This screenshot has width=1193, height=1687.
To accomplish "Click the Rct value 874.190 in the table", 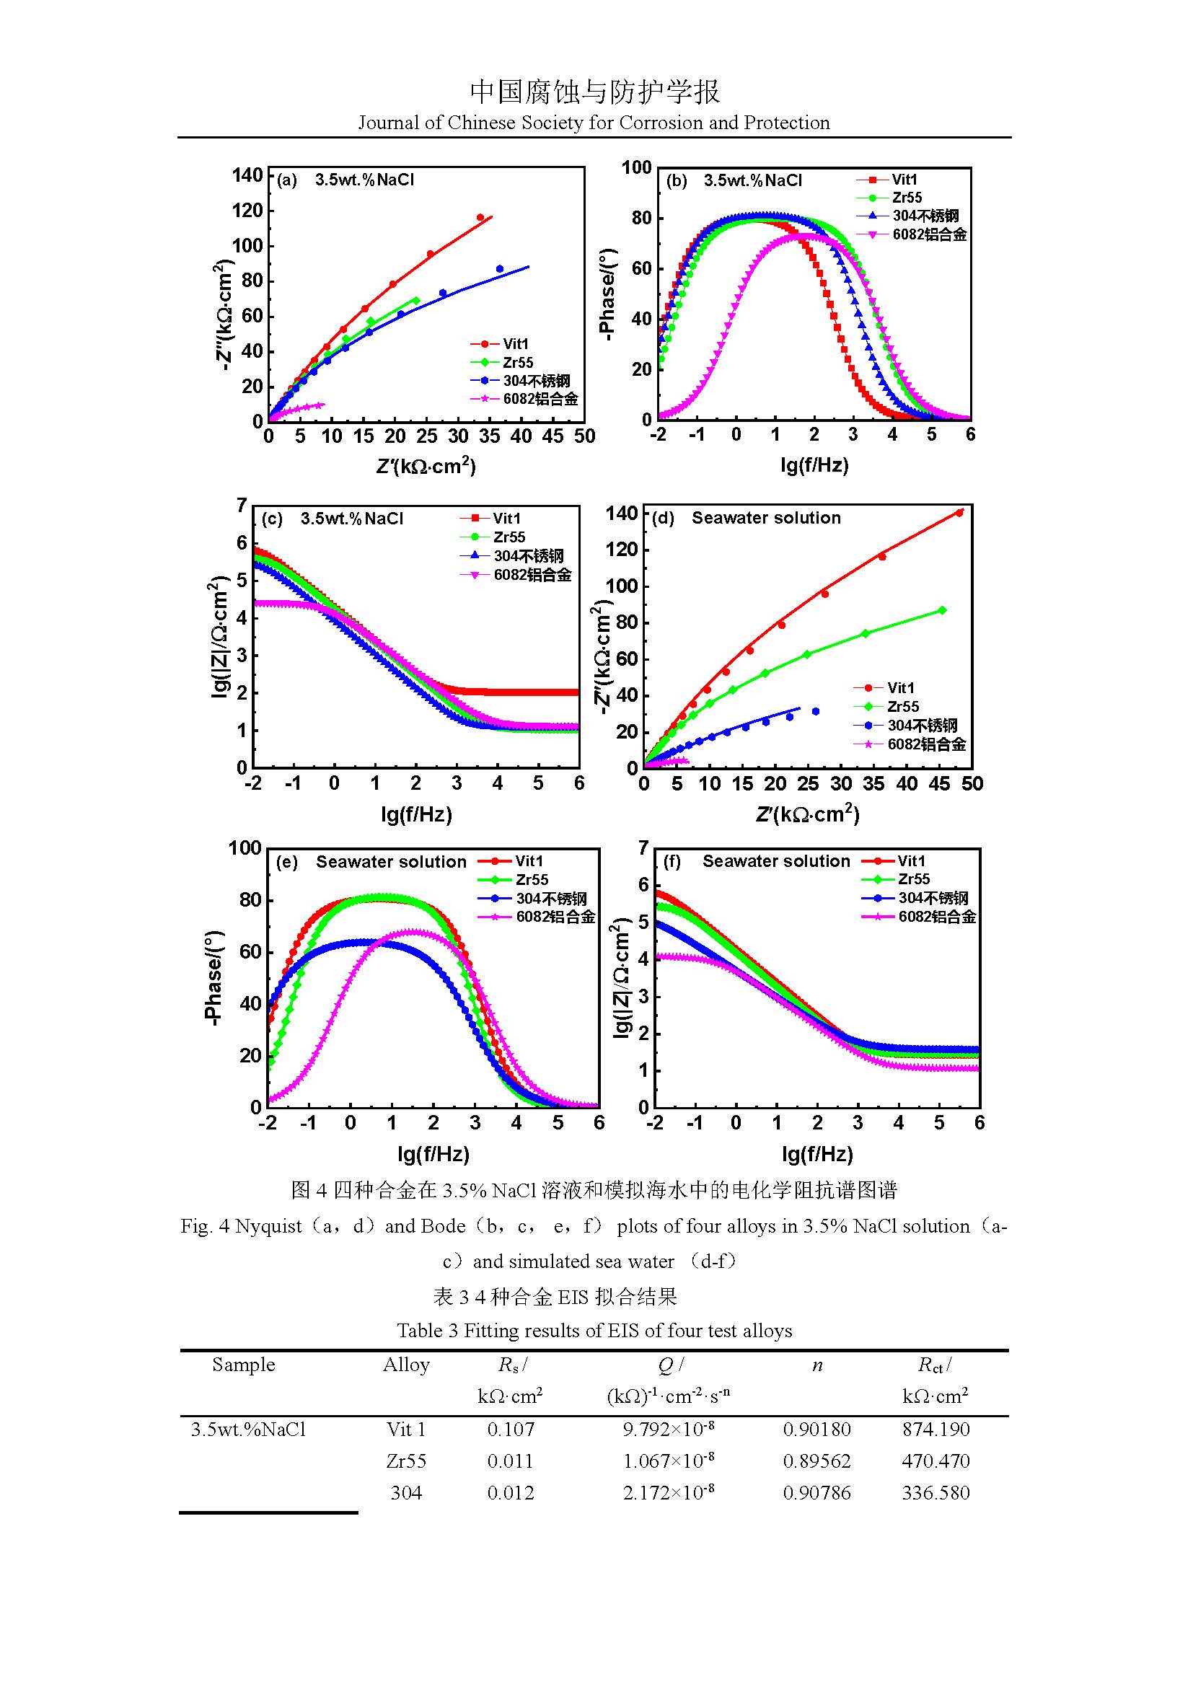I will pos(936,1429).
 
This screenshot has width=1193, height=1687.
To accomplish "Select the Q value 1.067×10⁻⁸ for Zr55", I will pos(668,1461).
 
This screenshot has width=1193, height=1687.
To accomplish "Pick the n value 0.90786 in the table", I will pos(816,1492).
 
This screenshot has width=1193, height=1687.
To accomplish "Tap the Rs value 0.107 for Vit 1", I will pos(511,1429).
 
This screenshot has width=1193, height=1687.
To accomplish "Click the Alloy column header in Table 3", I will pos(405,1365).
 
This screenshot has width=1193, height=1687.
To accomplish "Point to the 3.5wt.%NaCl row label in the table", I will pos(248,1429).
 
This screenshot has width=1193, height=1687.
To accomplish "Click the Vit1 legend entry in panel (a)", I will pos(515,344).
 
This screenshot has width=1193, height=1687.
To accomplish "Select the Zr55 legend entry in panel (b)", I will pos(907,198).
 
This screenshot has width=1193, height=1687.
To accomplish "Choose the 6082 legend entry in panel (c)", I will pos(532,575).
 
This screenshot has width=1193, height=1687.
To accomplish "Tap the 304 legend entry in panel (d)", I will pos(922,725).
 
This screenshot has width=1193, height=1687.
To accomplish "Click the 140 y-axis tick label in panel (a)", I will pos(247,175).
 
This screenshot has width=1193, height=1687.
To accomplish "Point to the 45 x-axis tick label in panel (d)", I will pos(940,784).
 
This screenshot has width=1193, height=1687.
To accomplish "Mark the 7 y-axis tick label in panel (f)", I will pos(643,849).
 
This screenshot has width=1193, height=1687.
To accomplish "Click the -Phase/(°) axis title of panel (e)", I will pos(213,977).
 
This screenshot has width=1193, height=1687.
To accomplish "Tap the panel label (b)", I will pos(676,180).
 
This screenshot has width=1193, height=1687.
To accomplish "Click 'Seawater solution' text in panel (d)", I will pos(765,518).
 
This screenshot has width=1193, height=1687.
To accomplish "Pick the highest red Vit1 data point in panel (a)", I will pos(480,218).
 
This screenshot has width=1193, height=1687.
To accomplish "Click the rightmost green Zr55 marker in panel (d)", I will pos(943,611).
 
